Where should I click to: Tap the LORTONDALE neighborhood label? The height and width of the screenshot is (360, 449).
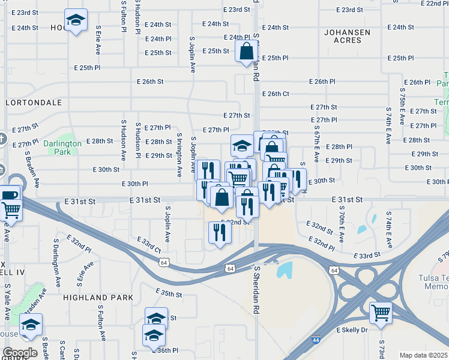click(x=34, y=103)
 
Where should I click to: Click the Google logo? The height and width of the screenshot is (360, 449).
click(x=20, y=353)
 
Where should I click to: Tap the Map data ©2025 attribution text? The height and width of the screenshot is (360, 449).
click(x=424, y=355)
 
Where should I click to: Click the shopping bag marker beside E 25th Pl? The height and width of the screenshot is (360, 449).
click(x=247, y=52)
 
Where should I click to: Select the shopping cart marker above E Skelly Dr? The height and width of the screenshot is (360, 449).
click(x=381, y=312)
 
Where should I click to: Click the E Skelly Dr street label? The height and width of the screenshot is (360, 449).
click(x=352, y=330)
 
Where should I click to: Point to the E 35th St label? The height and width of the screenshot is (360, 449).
click(x=169, y=293)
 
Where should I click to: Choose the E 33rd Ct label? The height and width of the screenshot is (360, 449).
click(x=149, y=244)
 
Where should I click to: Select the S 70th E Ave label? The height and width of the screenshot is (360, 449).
click(x=342, y=223)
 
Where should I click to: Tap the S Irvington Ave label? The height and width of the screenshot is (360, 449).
click(x=179, y=158)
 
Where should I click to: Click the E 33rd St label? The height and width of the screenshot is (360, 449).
click(x=367, y=256)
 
